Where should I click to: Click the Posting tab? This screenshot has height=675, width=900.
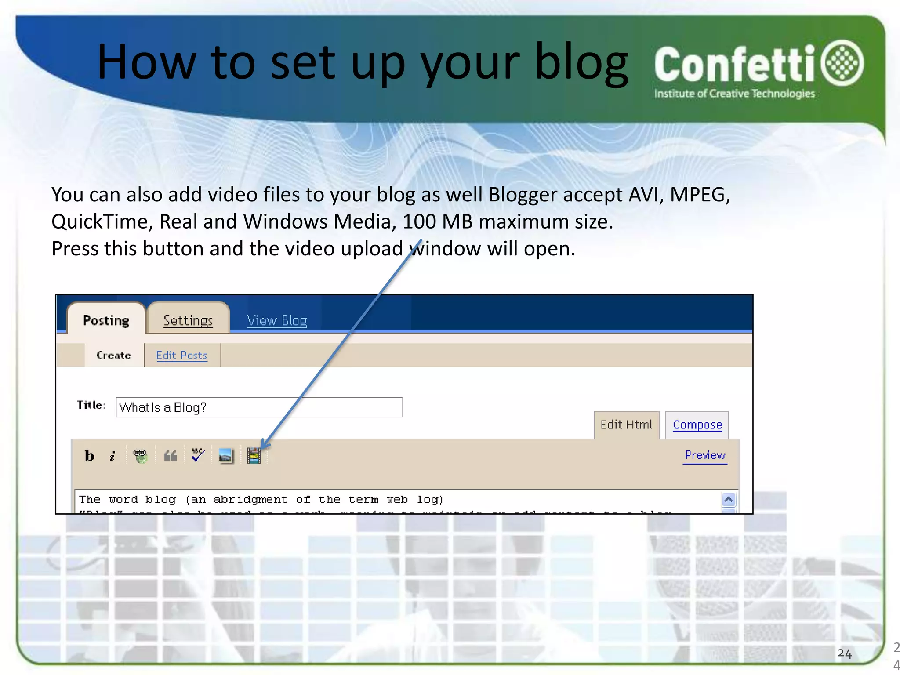point(106,320)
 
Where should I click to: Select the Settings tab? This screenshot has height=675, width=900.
point(188,320)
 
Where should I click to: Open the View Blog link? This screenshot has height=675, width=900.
point(277,320)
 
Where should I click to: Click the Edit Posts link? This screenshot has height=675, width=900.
point(181,355)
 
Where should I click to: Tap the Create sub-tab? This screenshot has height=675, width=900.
point(114,355)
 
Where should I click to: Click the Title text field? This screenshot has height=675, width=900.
point(259,407)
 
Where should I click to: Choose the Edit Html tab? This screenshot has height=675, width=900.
point(626,425)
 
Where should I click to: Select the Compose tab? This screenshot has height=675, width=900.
point(697,425)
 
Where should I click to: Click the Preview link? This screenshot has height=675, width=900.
point(705,455)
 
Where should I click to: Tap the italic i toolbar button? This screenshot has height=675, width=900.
point(112,456)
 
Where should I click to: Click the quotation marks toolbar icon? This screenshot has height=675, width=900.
point(171,456)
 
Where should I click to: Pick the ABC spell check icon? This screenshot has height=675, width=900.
point(198,455)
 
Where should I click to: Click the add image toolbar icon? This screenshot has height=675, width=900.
point(225,456)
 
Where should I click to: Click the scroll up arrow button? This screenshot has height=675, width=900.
point(728,500)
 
